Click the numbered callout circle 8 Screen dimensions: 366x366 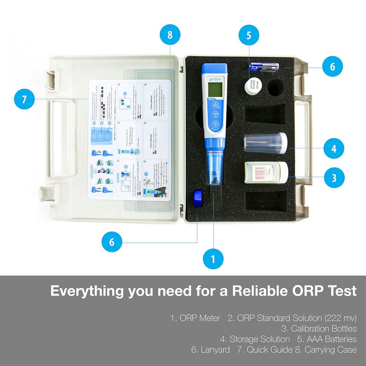point(170,35)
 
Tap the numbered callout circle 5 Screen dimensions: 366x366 point(248,35)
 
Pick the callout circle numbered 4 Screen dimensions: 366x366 point(334,148)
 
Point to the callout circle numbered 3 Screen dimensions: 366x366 point(334,177)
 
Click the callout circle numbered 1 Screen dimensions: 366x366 point(213,259)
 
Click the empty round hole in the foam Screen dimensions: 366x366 point(277,88)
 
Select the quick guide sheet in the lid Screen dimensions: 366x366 point(129,140)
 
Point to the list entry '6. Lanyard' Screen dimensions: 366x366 point(210,350)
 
